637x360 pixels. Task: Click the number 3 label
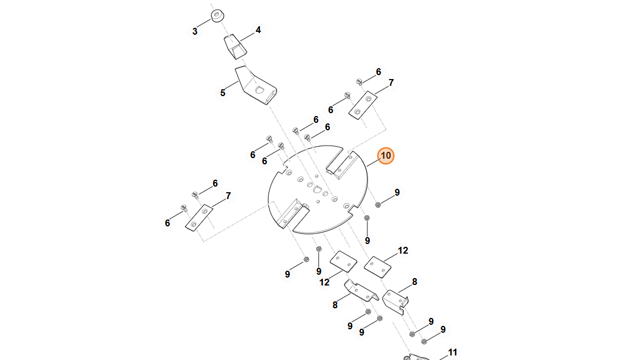[x=195, y=31]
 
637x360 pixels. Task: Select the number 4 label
[x=258, y=30]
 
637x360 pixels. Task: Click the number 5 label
[x=223, y=93]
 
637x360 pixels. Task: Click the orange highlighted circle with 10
[x=386, y=155]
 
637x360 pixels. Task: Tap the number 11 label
[x=453, y=352]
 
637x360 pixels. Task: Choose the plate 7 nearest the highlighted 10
[x=362, y=105]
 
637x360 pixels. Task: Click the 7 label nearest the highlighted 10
[x=391, y=83]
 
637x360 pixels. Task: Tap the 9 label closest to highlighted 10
[x=397, y=192]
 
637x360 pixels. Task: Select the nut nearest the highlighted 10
[x=378, y=204]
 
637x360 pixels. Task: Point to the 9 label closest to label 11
[x=442, y=329]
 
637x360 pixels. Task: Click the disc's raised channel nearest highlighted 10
[x=341, y=165]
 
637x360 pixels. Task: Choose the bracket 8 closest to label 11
[x=396, y=300]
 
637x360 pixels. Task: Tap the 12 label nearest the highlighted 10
[x=403, y=250]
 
